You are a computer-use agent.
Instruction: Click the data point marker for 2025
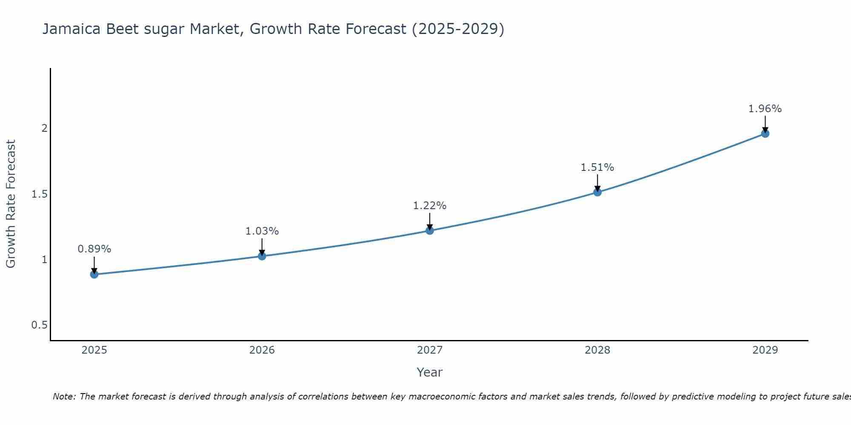pyautogui.click(x=94, y=274)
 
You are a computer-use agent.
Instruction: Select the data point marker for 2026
pyautogui.click(x=262, y=256)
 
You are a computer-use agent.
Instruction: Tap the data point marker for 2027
pyautogui.click(x=429, y=230)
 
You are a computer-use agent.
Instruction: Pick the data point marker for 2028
pyautogui.click(x=597, y=192)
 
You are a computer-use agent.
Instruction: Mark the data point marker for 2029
pyautogui.click(x=765, y=133)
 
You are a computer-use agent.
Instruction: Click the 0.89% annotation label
pyautogui.click(x=94, y=249)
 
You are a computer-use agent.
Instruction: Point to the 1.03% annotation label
pyautogui.click(x=262, y=231)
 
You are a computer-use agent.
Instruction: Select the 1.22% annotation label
pyautogui.click(x=429, y=206)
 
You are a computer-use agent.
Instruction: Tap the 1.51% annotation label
pyautogui.click(x=597, y=167)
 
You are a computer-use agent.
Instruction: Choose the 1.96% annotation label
pyautogui.click(x=765, y=109)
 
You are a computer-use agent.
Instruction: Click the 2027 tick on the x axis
pyautogui.click(x=429, y=350)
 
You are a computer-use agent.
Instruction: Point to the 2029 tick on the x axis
pyautogui.click(x=765, y=350)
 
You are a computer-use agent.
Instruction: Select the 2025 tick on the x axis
pyautogui.click(x=94, y=350)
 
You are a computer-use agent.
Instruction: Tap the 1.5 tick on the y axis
pyautogui.click(x=39, y=194)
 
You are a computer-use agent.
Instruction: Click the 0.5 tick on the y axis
pyautogui.click(x=39, y=325)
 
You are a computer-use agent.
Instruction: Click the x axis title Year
pyautogui.click(x=429, y=372)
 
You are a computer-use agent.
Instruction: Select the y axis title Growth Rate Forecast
pyautogui.click(x=11, y=204)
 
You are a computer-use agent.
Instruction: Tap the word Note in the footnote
pyautogui.click(x=63, y=397)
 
